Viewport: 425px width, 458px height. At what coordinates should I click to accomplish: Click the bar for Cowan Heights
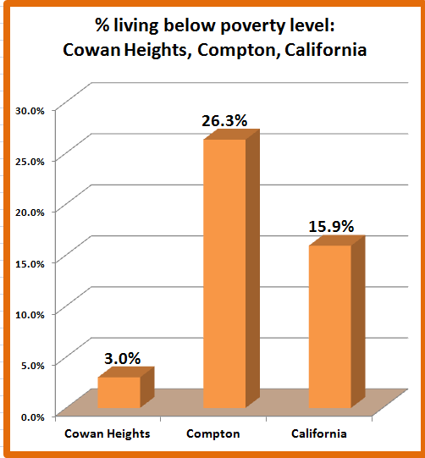point(119,392)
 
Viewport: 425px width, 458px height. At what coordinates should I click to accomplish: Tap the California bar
point(329,326)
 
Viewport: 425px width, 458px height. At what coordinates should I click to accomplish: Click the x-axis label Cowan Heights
point(108,433)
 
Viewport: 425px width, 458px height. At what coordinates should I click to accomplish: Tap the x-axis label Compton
point(213,433)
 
